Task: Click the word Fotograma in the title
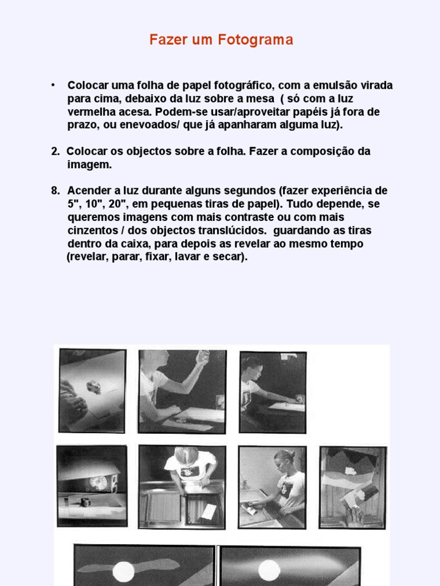point(262,40)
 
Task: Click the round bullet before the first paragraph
point(53,85)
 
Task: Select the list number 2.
point(55,152)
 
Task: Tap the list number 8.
point(55,191)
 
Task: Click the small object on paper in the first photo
point(93,387)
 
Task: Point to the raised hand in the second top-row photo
point(202,358)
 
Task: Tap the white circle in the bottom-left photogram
point(123,571)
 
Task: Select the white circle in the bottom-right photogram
point(269,570)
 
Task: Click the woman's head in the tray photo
point(284,461)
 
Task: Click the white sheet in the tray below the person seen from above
point(208,510)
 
